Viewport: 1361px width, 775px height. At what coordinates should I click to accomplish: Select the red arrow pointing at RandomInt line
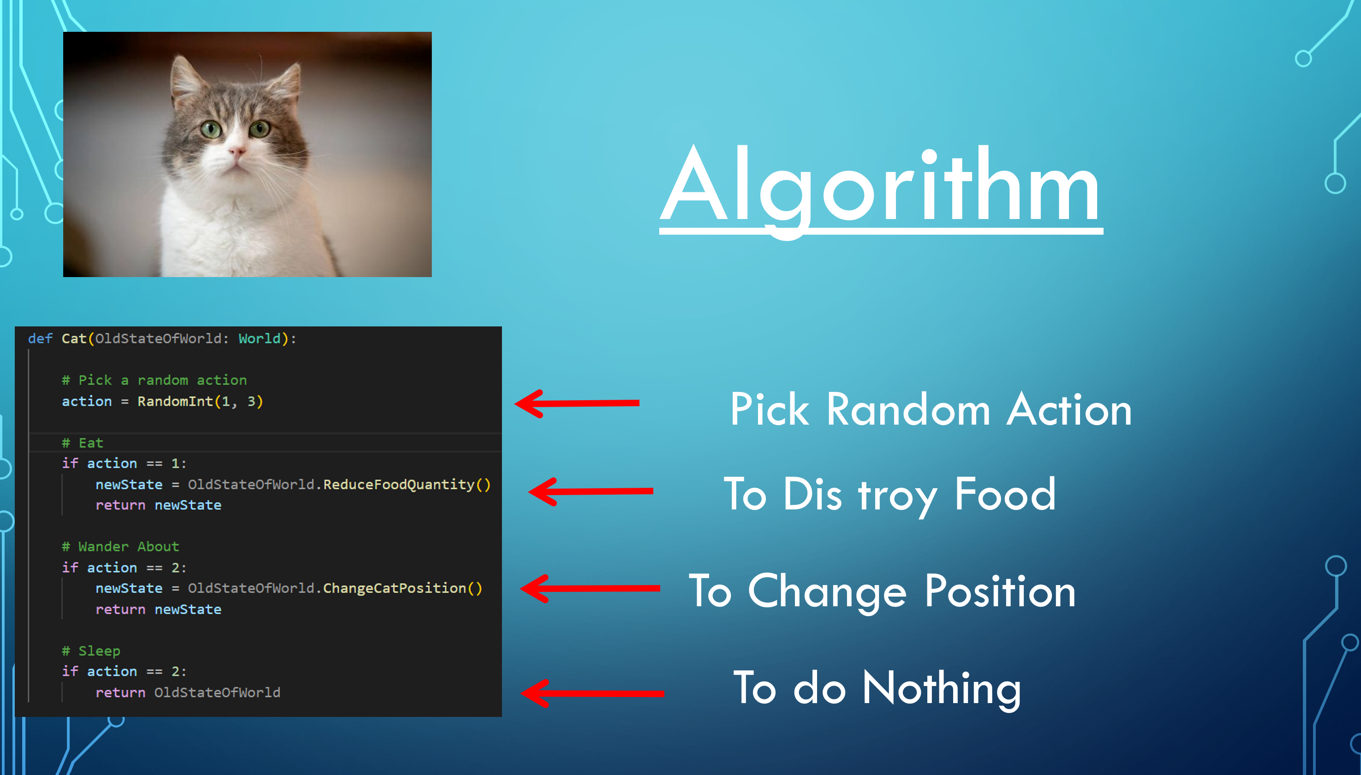(577, 403)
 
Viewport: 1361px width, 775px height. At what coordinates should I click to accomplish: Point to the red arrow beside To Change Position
(590, 588)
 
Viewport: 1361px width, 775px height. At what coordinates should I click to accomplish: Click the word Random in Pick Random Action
(908, 410)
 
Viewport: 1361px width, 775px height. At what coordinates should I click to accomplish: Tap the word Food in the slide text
(1005, 494)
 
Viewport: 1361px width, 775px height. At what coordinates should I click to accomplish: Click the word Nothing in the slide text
(942, 689)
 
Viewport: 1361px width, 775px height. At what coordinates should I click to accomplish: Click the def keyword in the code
(40, 338)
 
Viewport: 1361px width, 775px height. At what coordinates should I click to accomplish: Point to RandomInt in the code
(175, 402)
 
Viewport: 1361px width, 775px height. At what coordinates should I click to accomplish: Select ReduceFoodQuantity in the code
(399, 485)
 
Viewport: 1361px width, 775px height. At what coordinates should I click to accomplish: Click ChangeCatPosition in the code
(394, 588)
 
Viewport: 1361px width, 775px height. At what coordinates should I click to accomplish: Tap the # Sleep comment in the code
(91, 651)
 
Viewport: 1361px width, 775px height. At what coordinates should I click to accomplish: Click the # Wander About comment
(120, 547)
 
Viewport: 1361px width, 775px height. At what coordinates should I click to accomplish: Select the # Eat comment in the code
(83, 443)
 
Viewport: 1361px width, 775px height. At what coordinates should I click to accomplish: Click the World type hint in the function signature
(259, 338)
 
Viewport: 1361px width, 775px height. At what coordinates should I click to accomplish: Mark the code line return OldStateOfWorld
(188, 692)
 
